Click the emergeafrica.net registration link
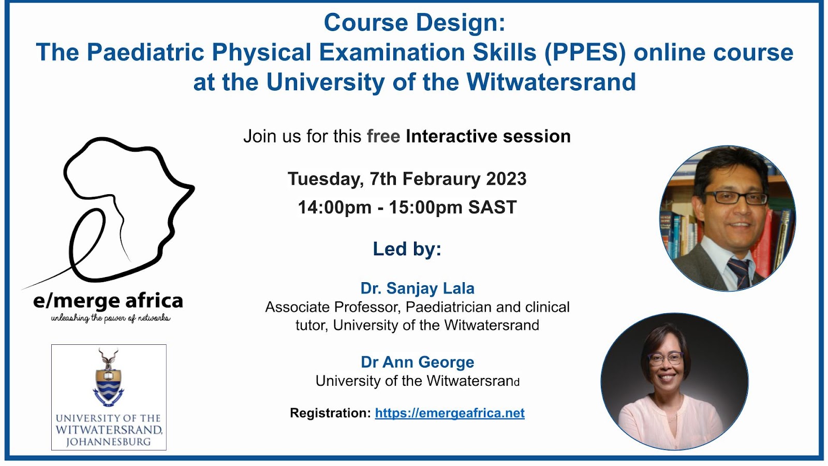[450, 413]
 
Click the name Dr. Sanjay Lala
[417, 288]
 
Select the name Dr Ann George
[417, 362]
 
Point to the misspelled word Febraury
[441, 179]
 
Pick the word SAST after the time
[492, 207]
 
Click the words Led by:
[407, 249]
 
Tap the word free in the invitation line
[383, 136]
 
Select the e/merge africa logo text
[108, 301]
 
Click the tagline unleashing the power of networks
[111, 318]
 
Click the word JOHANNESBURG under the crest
[108, 442]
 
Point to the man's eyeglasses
[735, 197]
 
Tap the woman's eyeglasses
[666, 359]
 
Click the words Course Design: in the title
[415, 23]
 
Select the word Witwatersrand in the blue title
[551, 82]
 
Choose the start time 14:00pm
[334, 207]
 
